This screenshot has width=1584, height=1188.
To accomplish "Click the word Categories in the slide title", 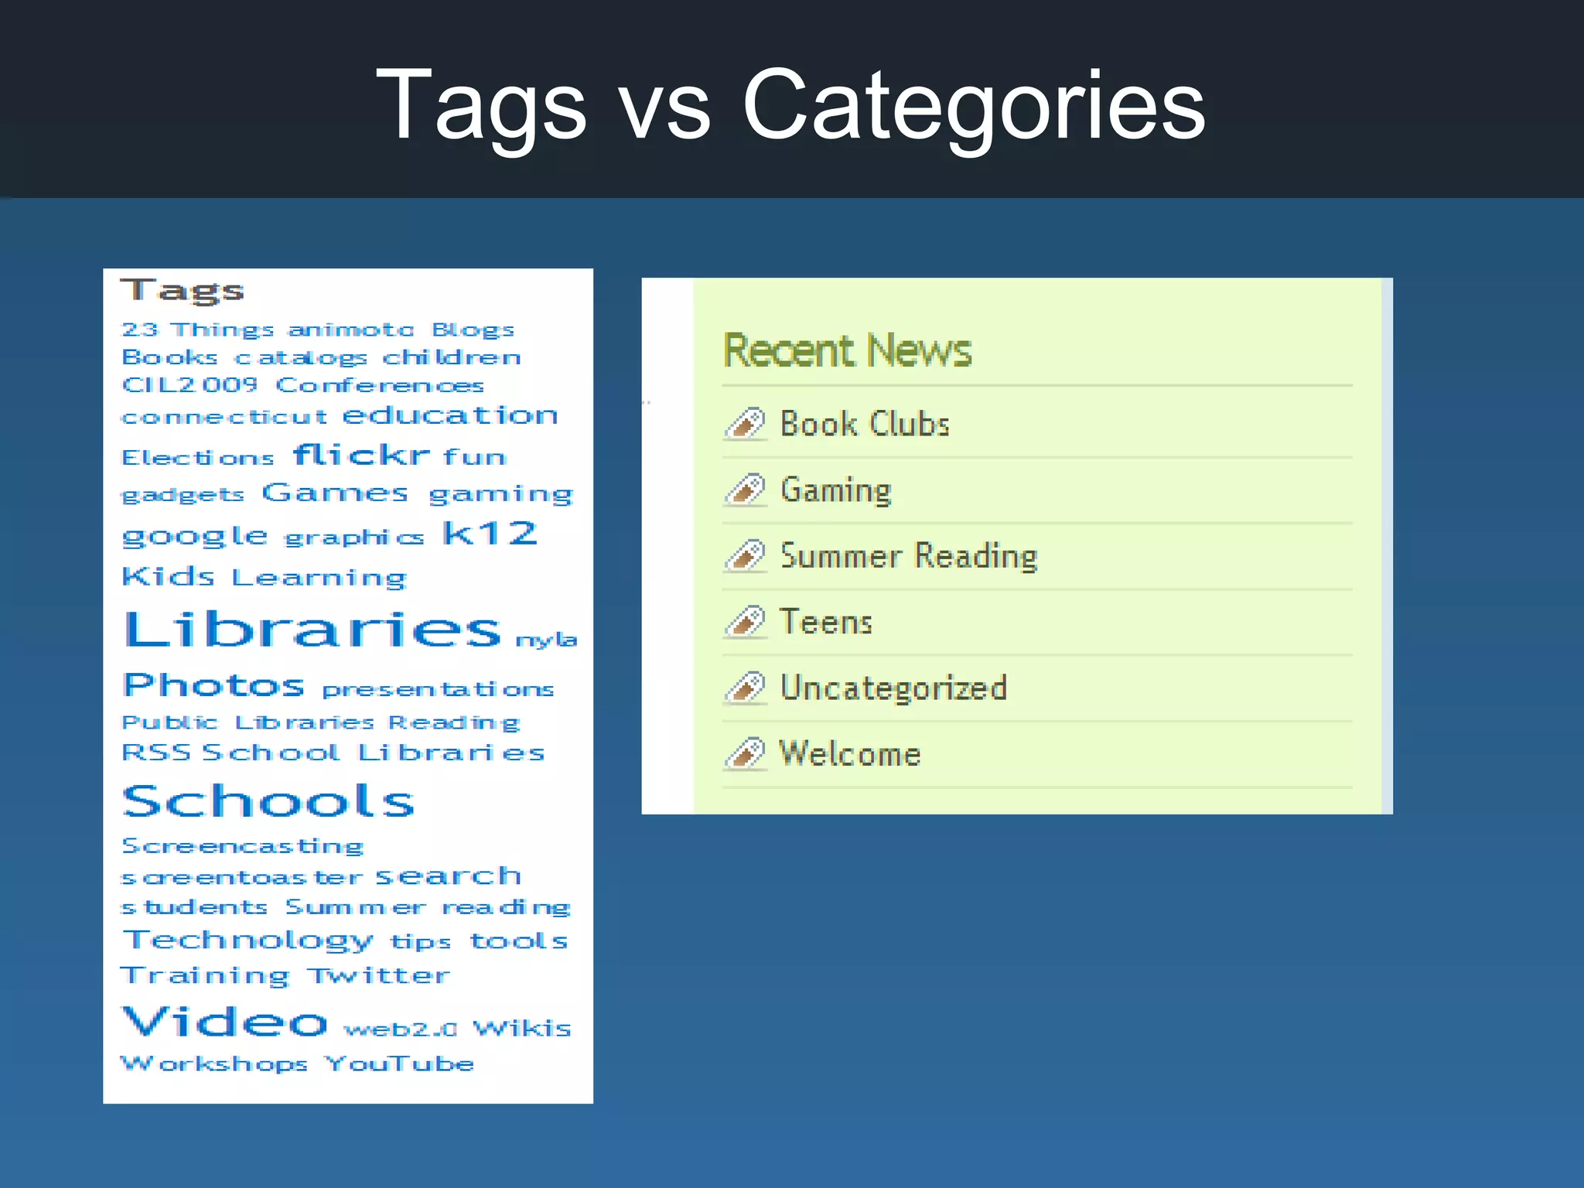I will pyautogui.click(x=973, y=105).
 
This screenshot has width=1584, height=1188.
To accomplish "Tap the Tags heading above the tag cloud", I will pyautogui.click(x=183, y=291).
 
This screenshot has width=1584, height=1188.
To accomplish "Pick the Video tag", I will pyautogui.click(x=225, y=1022).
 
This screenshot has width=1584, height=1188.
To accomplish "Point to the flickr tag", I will pyautogui.click(x=361, y=455).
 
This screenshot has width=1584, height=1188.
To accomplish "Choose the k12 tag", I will pyautogui.click(x=490, y=533).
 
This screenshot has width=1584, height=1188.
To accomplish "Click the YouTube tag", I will pyautogui.click(x=399, y=1064).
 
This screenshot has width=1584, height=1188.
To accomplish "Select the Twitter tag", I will pyautogui.click(x=378, y=975).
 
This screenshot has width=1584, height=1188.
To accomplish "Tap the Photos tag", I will pyautogui.click(x=214, y=685).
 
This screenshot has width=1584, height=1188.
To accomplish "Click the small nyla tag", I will pyautogui.click(x=546, y=640).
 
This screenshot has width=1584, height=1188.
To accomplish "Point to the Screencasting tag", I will pyautogui.click(x=242, y=846).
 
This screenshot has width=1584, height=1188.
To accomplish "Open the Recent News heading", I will pyautogui.click(x=847, y=350).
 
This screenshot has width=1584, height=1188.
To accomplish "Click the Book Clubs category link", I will pyautogui.click(x=865, y=424).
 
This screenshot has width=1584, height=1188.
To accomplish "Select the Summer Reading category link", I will pyautogui.click(x=909, y=556).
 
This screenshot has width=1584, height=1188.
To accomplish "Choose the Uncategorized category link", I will pyautogui.click(x=893, y=688).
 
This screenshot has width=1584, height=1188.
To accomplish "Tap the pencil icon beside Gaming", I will pyautogui.click(x=746, y=490).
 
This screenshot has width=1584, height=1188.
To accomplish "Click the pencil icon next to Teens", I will pyautogui.click(x=746, y=622).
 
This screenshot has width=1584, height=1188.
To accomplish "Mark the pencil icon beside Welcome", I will pyautogui.click(x=746, y=754).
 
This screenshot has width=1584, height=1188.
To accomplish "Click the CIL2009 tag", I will pyautogui.click(x=189, y=384).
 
